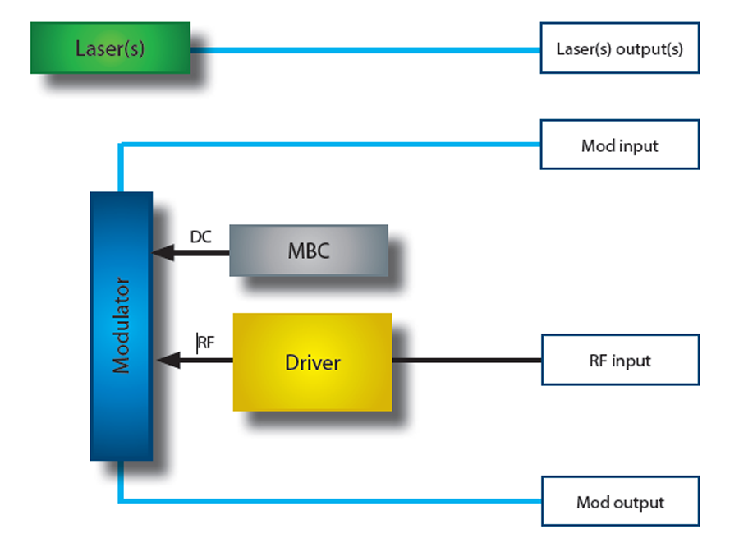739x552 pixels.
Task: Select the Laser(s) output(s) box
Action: tap(619, 48)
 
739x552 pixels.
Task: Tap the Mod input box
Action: tap(619, 145)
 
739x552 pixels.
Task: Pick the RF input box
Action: tap(619, 360)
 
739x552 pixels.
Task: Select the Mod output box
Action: tap(619, 502)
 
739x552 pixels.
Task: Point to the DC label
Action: tap(200, 237)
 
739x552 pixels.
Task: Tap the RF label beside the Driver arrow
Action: tap(206, 343)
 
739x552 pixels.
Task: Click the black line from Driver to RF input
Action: tap(466, 360)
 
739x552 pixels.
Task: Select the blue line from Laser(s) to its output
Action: tap(365, 49)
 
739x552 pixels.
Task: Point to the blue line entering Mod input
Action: tap(328, 145)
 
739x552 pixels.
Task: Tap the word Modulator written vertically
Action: tap(122, 327)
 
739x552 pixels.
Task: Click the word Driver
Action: tap(312, 362)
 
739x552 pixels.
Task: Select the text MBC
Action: tap(309, 251)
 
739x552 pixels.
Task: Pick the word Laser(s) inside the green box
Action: tap(110, 48)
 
